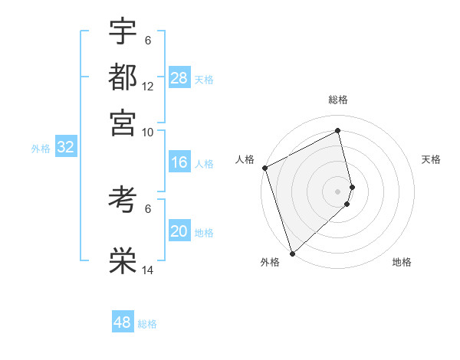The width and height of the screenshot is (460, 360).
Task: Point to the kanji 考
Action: click(123, 200)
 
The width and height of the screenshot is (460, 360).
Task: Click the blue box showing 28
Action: click(179, 78)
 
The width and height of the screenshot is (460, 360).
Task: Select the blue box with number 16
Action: click(179, 162)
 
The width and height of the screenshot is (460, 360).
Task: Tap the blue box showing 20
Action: click(179, 232)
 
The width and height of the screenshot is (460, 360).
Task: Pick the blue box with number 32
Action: click(65, 148)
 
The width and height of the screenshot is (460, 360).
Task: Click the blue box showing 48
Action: click(123, 322)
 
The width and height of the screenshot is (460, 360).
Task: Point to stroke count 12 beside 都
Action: click(148, 87)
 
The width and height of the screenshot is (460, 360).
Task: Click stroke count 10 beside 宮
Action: click(148, 132)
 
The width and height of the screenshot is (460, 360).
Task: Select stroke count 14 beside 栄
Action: click(148, 270)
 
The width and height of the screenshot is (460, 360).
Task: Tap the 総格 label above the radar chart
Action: click(338, 100)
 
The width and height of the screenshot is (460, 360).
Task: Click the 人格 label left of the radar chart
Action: click(245, 159)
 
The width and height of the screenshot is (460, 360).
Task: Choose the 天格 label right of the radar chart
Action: click(431, 159)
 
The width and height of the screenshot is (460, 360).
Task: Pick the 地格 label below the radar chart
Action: click(402, 262)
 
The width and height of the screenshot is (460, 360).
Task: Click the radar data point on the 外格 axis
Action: click(292, 253)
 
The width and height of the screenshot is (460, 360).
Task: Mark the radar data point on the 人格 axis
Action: click(264, 168)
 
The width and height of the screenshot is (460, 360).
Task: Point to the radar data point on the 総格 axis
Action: click(338, 130)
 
